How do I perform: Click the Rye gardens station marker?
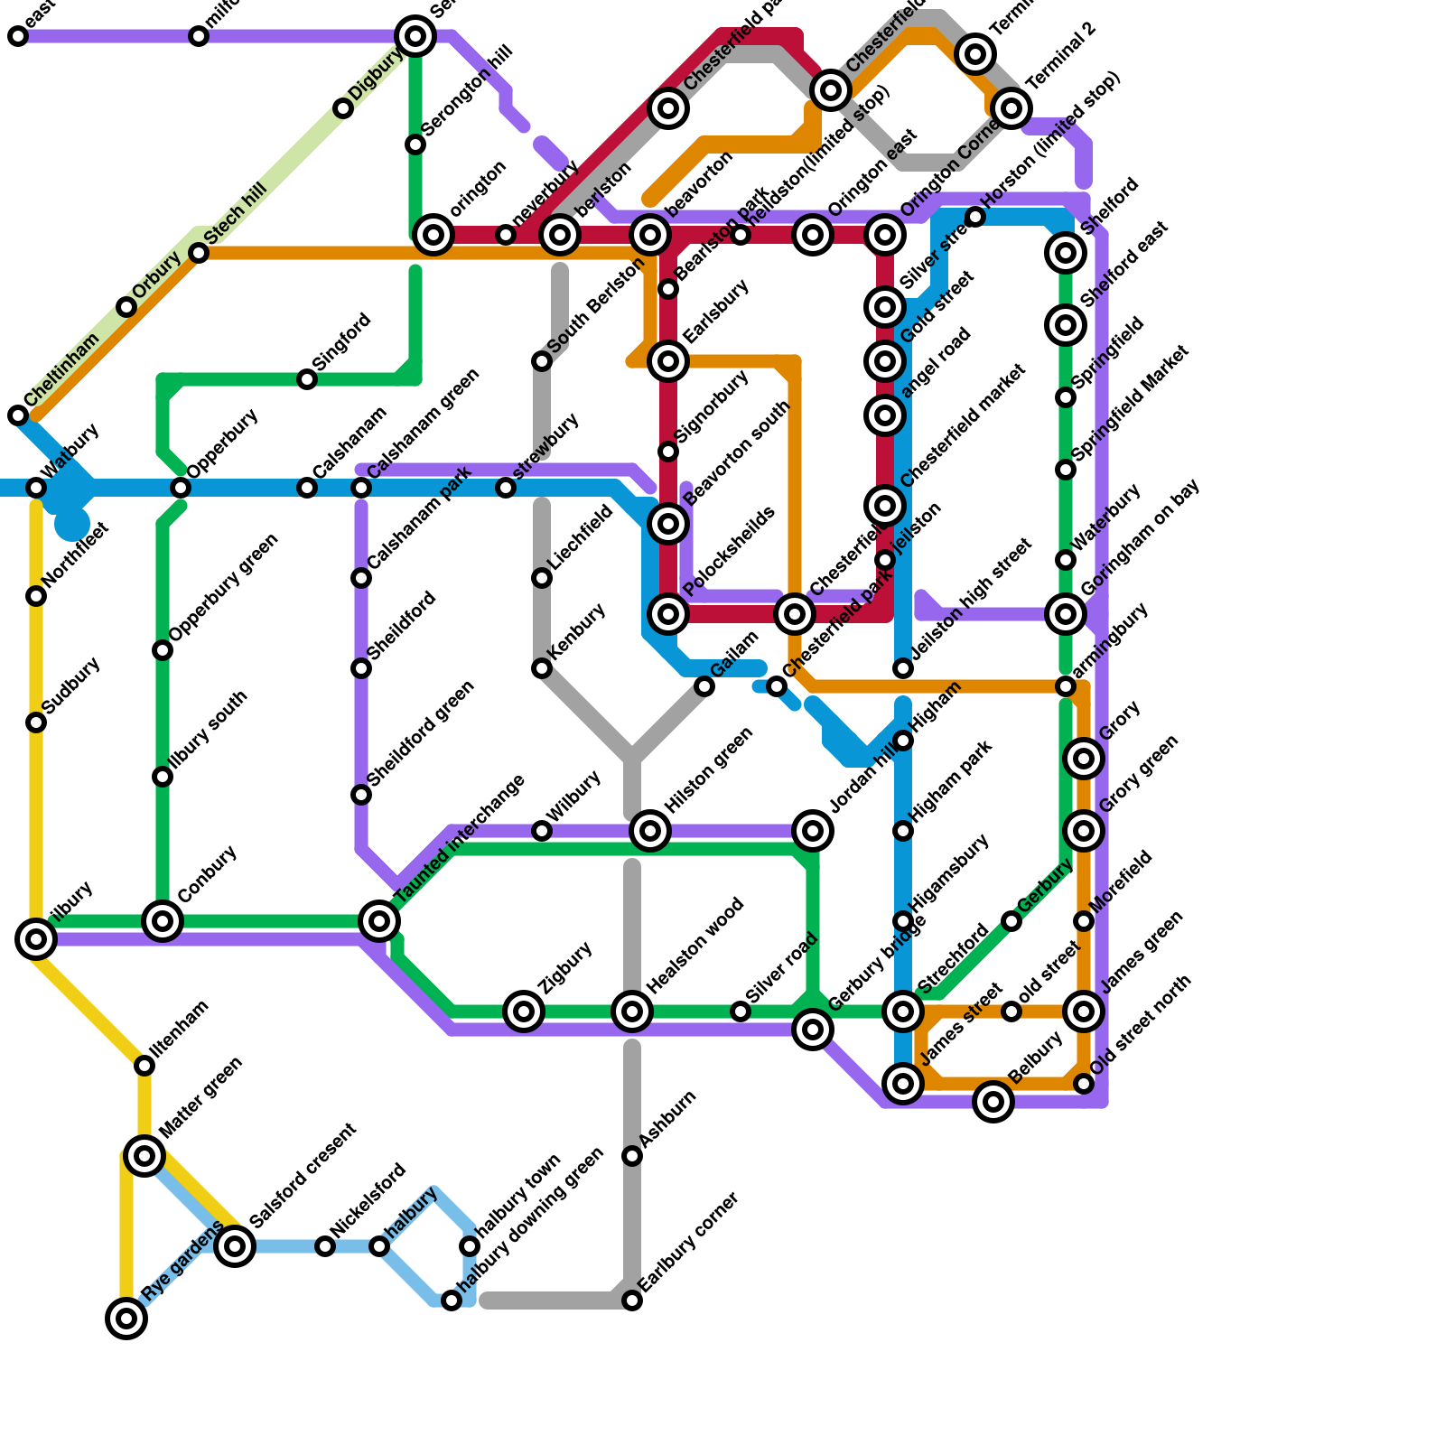126,1319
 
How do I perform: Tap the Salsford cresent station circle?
235,1246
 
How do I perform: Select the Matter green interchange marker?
144,1156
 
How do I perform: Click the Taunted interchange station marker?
379,921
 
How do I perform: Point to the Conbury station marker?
163,921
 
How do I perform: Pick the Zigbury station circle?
524,1011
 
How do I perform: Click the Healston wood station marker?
632,1011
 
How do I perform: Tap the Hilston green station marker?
650,831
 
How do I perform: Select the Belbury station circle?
993,1102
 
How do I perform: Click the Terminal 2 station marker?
1011,108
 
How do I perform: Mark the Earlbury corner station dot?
632,1300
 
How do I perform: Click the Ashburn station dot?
632,1156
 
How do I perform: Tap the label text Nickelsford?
368,1202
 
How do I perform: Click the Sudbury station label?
71,686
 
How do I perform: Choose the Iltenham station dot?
144,1066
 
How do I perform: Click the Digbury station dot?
343,108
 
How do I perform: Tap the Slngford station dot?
307,379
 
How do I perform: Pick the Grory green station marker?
1084,831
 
